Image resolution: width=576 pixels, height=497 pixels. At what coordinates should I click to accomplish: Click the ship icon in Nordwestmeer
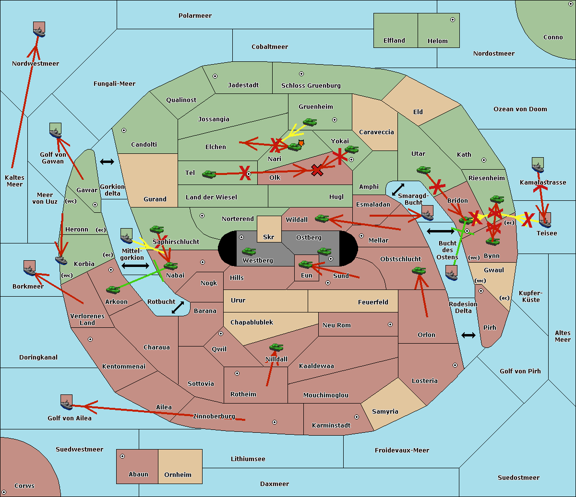coord(39,30)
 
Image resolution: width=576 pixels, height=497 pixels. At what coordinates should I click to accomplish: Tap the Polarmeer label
coord(195,16)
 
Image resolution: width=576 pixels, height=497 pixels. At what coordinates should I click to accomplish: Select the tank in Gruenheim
coord(310,122)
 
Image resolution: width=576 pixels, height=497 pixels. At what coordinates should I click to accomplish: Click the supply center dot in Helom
coord(453,20)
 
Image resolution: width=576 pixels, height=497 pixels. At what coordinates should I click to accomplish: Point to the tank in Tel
coord(209,174)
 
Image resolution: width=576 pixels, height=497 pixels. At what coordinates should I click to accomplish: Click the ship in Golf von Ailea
coord(67,403)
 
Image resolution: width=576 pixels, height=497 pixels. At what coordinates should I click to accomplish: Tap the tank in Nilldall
coord(276,347)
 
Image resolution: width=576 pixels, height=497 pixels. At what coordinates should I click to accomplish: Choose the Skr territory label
coord(268,237)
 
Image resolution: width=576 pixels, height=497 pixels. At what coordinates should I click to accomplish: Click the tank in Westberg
coord(249,252)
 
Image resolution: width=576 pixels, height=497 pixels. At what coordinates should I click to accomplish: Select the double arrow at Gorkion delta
coord(107,162)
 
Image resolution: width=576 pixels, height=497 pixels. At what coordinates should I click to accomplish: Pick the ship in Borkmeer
coord(30,268)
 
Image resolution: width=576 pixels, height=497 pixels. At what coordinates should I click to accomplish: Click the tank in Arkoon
coord(113,290)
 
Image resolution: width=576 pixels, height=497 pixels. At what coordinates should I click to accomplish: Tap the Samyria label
coord(385,411)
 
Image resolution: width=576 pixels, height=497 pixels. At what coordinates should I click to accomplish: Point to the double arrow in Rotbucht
coord(178,308)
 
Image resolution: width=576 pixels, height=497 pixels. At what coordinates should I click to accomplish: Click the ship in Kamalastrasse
coord(538,165)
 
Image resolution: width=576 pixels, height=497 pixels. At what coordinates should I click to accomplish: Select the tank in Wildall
coord(322,219)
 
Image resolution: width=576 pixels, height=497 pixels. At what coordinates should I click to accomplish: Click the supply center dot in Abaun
coord(122,456)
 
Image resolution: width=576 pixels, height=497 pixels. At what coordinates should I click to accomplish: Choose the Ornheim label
coord(178,474)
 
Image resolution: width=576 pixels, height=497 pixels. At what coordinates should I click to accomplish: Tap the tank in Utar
coord(423,170)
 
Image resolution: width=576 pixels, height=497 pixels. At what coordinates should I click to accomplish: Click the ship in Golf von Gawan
coord(55,131)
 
